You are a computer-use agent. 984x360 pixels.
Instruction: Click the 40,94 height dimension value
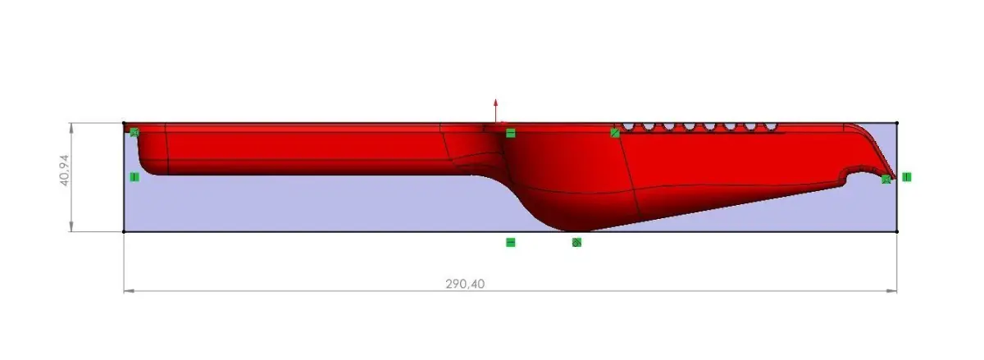click(x=65, y=170)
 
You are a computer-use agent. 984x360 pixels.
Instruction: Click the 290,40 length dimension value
click(x=465, y=284)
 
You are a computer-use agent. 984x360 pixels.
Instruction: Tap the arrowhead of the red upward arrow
click(x=495, y=103)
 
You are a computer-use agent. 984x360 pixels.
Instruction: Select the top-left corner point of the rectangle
click(x=124, y=123)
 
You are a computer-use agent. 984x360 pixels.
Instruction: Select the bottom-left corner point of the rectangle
click(x=124, y=231)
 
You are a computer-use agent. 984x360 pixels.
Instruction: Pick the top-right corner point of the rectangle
click(x=896, y=123)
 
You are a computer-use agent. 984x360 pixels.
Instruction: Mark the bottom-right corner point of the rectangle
click(x=896, y=231)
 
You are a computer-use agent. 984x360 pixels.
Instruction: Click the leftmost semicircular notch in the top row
click(x=628, y=127)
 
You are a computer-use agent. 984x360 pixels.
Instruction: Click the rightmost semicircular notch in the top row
click(x=771, y=127)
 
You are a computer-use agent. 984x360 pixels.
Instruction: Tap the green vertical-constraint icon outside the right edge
click(x=907, y=177)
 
